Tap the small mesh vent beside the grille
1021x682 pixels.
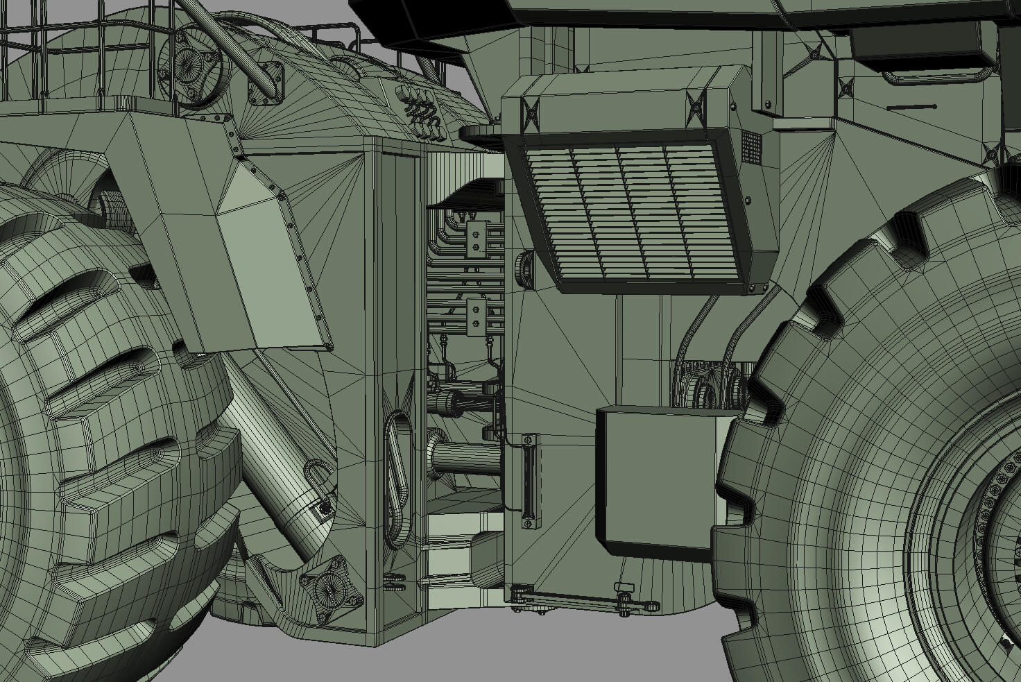(751, 149)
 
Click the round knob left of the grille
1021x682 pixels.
(522, 268)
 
